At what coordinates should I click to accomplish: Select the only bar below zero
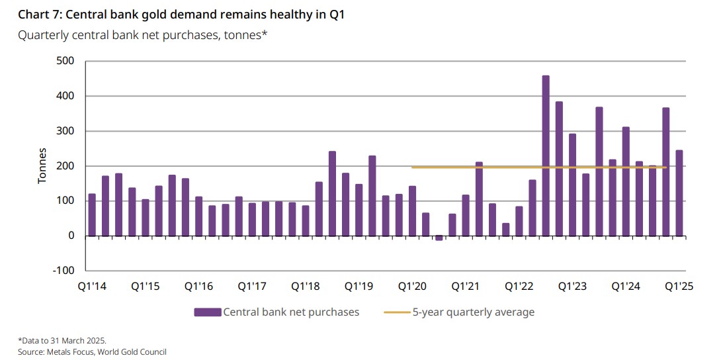tap(439, 238)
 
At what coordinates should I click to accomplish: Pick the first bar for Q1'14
tap(92, 214)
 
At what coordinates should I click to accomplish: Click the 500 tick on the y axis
tap(65, 62)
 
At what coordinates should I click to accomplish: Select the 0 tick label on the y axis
tap(71, 236)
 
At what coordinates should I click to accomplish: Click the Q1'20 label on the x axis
tap(411, 287)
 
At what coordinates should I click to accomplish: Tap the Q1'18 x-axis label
tap(305, 287)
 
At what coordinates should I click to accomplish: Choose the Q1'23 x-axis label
tap(572, 287)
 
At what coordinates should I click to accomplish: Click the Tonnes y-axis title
tap(42, 165)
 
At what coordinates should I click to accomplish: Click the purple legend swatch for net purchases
tap(208, 312)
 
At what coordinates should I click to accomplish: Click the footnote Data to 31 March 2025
tap(63, 341)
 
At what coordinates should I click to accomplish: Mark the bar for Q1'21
tap(466, 215)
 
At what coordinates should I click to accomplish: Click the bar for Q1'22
tap(519, 221)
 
